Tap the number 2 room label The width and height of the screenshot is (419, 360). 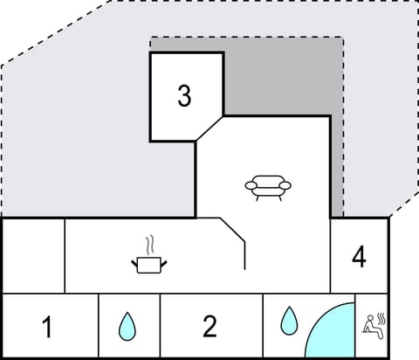click(x=209, y=327)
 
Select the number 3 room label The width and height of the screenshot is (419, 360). click(x=184, y=96)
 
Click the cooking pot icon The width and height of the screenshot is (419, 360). click(x=149, y=264)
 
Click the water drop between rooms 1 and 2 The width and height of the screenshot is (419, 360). click(x=128, y=326)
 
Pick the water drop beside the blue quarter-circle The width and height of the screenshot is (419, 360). click(x=288, y=321)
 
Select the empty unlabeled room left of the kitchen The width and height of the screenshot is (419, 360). click(x=34, y=254)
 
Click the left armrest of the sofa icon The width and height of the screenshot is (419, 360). click(x=250, y=184)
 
